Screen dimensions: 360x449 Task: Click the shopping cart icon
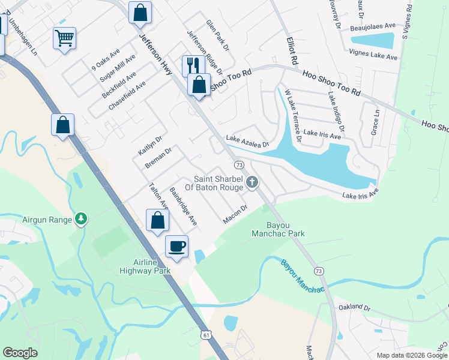coord(64,38)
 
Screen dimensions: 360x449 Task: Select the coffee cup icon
coord(176,246)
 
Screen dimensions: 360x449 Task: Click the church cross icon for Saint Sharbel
coord(253,182)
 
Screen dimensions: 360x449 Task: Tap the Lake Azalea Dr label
coord(247,141)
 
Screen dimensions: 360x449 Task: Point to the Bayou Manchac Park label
coord(277,230)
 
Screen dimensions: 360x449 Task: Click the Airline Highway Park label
coord(152,266)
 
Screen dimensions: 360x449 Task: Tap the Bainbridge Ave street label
coord(183,206)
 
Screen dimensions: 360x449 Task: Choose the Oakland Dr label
coord(354,307)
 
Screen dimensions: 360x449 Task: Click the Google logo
coord(20,352)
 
